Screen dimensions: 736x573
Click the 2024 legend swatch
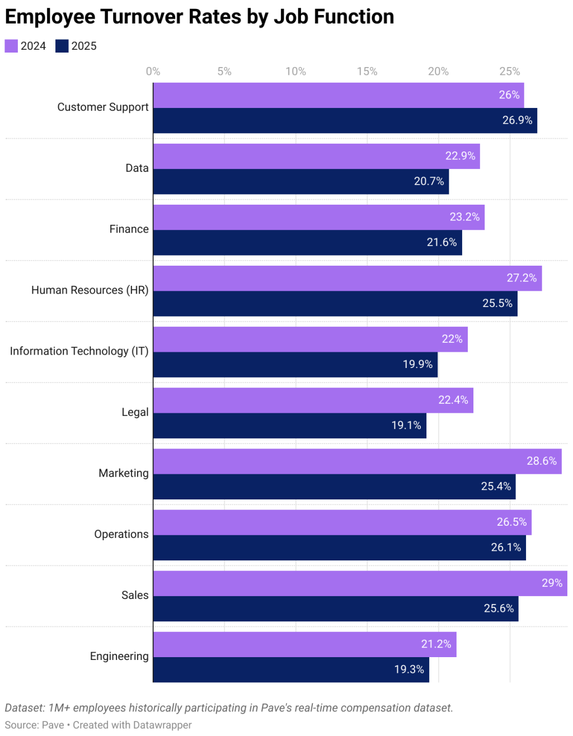pos(11,46)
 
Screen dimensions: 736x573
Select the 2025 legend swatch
pos(62,46)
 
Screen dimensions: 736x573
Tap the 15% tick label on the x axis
pos(367,72)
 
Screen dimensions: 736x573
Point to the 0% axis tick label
pos(153,72)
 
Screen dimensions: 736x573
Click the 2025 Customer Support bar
pos(345,121)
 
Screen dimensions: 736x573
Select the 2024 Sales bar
pos(360,583)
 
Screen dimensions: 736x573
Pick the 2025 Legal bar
pos(289,426)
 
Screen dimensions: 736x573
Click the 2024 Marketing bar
pos(357,461)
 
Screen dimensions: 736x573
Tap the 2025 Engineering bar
pos(291,669)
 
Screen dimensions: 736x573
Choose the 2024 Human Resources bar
pos(347,279)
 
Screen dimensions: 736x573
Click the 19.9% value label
pos(417,365)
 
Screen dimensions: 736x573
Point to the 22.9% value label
pos(460,156)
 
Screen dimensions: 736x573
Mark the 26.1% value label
pos(506,548)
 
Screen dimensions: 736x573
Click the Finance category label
pos(129,229)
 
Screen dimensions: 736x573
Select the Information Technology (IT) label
pos(79,351)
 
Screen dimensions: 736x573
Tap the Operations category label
pos(121,534)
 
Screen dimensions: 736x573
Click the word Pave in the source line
pos(53,725)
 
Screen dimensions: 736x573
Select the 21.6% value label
pos(442,243)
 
